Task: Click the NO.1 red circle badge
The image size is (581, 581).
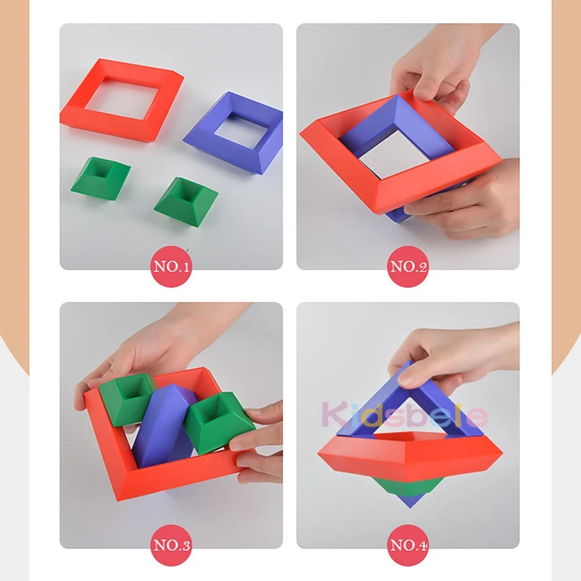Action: point(171,267)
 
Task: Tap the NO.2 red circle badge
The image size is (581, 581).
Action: point(408,267)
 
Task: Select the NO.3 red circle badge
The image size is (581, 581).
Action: point(171,545)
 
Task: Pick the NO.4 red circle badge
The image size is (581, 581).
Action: point(408,545)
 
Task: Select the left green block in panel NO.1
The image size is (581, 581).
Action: point(100,179)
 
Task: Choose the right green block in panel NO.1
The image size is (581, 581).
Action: point(186,202)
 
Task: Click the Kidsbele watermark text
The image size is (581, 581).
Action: point(405,414)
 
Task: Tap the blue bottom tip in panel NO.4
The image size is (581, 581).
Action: point(410,501)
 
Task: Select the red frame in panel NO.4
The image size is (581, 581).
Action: point(410,456)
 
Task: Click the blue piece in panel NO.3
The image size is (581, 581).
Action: point(163,426)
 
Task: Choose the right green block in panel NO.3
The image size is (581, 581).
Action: point(216,423)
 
